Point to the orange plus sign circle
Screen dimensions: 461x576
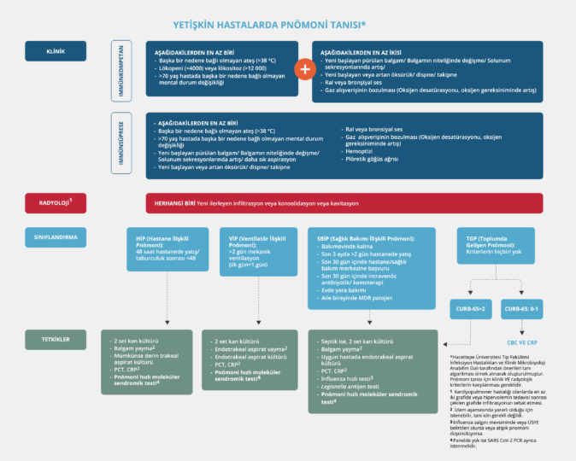coord(303,69)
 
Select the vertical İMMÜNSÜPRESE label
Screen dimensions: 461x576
coord(121,146)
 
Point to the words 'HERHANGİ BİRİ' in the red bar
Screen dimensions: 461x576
coord(172,203)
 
